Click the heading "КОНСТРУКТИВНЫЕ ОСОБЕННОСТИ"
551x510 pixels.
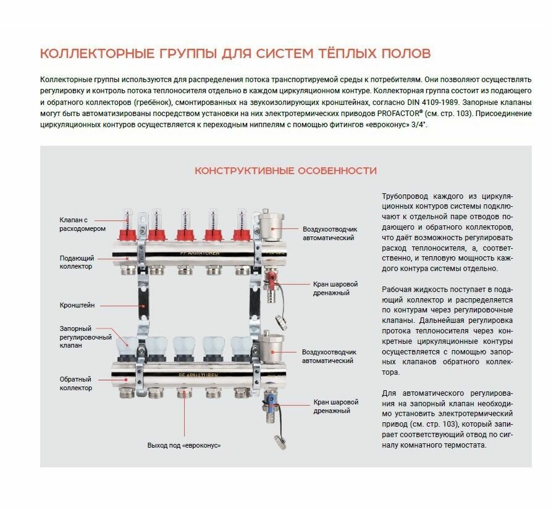point(285,170)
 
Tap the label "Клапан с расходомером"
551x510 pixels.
point(82,224)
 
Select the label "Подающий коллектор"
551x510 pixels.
point(77,262)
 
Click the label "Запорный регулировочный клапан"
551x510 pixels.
point(85,337)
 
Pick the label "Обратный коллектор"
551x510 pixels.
point(77,383)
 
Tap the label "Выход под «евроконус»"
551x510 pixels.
point(184,445)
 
